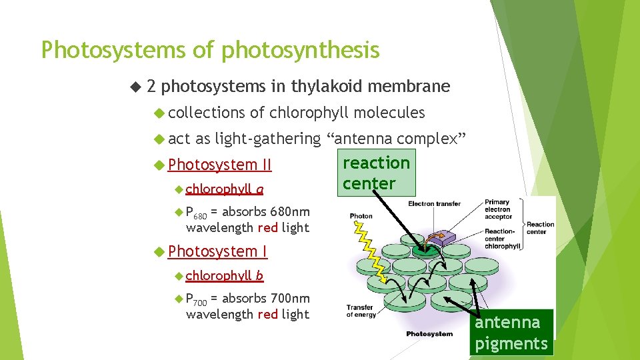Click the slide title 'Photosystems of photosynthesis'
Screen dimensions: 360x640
click(210, 50)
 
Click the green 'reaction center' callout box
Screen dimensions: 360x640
click(376, 173)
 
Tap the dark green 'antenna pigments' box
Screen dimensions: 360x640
click(511, 332)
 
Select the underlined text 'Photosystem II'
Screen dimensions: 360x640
click(220, 164)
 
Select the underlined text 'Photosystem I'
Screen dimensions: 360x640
click(217, 251)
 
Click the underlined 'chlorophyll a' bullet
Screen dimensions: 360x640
click(224, 189)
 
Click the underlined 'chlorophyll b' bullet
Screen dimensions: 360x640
click(224, 275)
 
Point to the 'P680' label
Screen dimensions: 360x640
click(196, 213)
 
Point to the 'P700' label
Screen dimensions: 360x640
click(196, 299)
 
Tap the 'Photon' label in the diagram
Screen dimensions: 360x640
click(361, 216)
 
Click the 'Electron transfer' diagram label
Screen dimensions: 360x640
click(434, 203)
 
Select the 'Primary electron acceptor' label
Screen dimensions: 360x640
click(497, 209)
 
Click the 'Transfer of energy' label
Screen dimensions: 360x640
click(361, 311)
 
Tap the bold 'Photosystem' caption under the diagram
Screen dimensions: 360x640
click(429, 333)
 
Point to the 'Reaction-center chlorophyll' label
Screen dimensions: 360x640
click(503, 239)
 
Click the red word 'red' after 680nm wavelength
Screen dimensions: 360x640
click(267, 228)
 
